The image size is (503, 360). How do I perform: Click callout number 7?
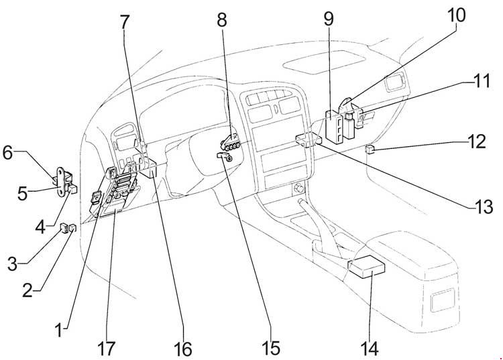click(125, 21)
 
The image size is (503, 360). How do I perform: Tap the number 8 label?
click(222, 19)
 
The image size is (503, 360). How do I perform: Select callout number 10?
click(456, 15)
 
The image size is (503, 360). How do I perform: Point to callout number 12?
click(477, 141)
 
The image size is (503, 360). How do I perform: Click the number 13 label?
click(483, 206)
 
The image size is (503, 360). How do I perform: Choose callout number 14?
click(370, 348)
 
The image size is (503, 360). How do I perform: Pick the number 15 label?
click(270, 348)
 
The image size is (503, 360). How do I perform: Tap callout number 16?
click(183, 349)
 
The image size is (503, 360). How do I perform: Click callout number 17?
click(106, 349)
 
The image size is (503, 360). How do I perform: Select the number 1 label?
click(59, 331)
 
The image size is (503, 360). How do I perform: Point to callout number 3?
click(13, 265)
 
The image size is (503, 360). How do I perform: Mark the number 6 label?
click(7, 153)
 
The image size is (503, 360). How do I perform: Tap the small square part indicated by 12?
click(370, 148)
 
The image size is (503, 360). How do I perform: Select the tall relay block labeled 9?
click(335, 125)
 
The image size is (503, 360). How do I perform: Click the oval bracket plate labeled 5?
click(61, 182)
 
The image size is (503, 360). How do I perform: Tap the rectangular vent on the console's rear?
click(443, 300)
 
